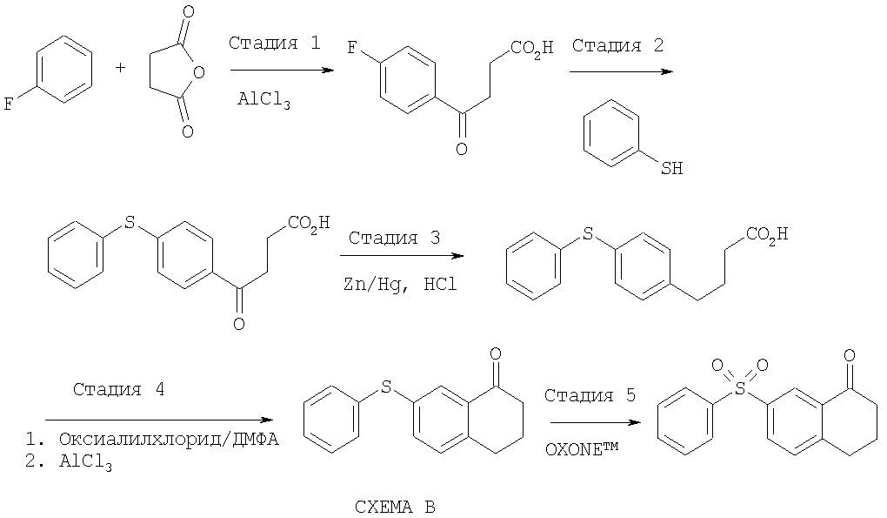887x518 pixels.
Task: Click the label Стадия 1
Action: pos(274,43)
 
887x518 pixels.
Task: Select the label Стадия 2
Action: pos(617,44)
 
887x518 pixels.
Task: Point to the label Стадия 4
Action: pos(119,389)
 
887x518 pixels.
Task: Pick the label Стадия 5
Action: pos(590,394)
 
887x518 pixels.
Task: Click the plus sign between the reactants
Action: pos(121,68)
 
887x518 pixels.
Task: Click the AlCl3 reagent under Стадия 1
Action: pos(263,99)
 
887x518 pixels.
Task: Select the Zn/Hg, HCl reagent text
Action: pos(401,284)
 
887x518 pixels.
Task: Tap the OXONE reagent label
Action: pos(582,449)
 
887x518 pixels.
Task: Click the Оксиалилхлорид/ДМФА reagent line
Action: pos(152,440)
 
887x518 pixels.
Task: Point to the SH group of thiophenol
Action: pos(672,168)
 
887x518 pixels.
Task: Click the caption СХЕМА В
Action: pos(395,507)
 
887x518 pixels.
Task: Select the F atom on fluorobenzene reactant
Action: pos(9,104)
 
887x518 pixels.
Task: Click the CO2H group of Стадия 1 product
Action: pos(531,48)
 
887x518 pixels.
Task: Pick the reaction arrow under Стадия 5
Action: pos(596,422)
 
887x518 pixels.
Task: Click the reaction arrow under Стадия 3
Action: pos(402,256)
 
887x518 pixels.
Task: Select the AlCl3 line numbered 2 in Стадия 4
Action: pos(69,463)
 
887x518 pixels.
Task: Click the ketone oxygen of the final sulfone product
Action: pos(850,355)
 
